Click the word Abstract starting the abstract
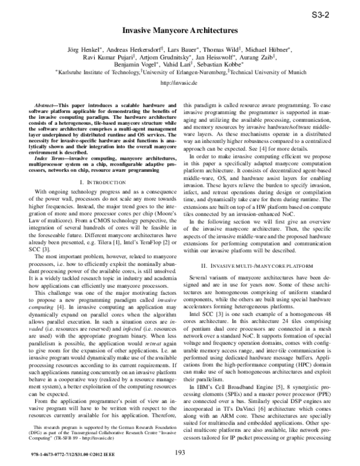pos(44,104)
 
